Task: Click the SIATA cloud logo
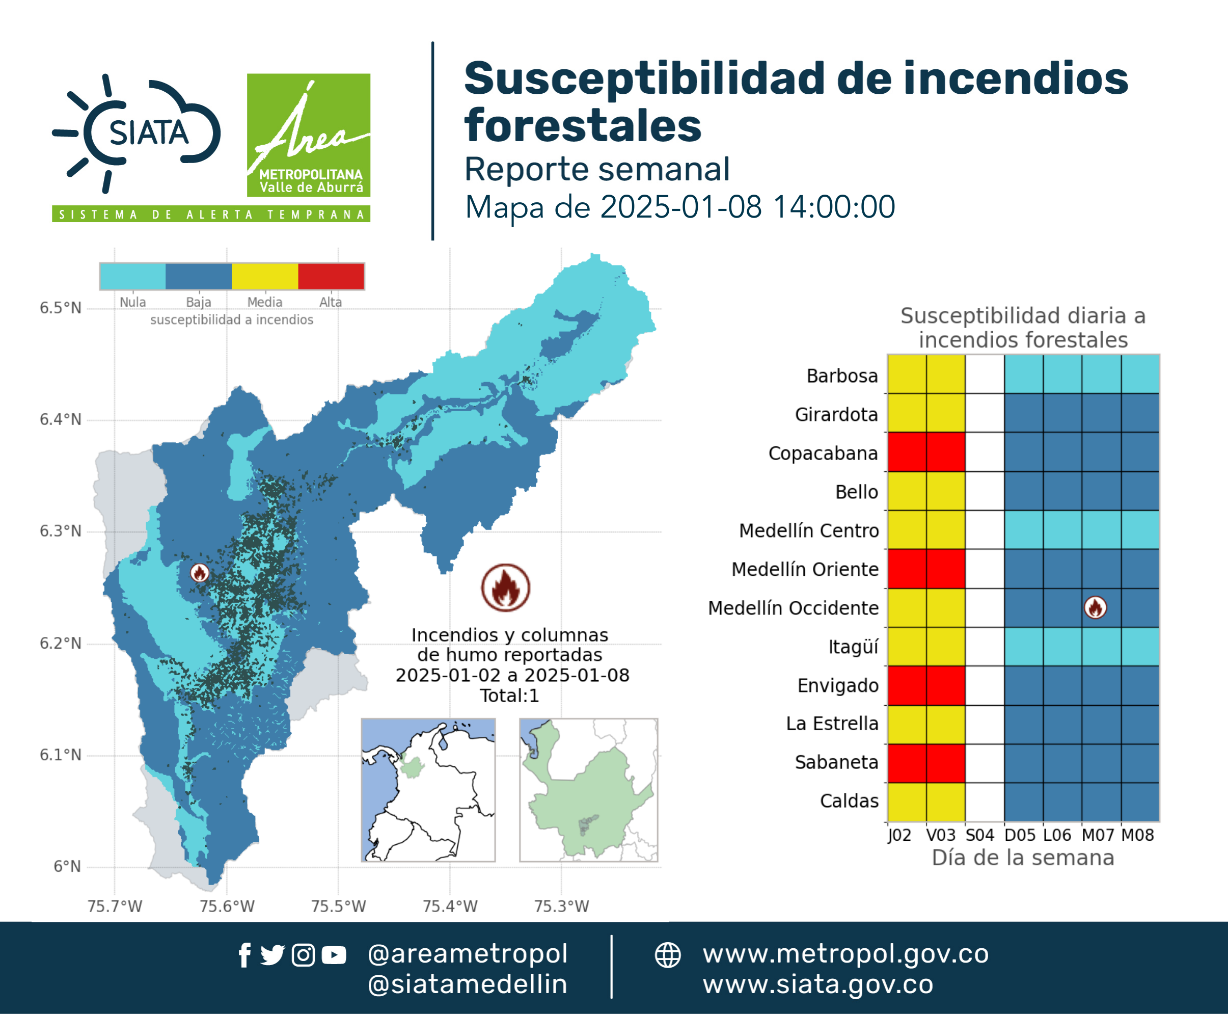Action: click(x=137, y=133)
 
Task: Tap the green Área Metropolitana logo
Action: click(x=308, y=135)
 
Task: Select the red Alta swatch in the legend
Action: click(x=331, y=276)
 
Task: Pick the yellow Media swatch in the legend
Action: click(x=265, y=276)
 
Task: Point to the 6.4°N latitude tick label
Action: click(x=61, y=419)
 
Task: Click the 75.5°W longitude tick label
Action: click(x=339, y=906)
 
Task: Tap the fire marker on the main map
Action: click(x=200, y=573)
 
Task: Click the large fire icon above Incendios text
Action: click(x=506, y=588)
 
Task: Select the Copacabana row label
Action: click(x=824, y=453)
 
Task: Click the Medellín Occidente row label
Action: click(x=794, y=608)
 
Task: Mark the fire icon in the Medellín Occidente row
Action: click(x=1096, y=607)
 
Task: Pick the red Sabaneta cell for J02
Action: click(x=907, y=763)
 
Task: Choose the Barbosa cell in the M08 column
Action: click(x=1140, y=374)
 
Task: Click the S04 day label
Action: click(x=980, y=835)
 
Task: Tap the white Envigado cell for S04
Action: click(x=985, y=685)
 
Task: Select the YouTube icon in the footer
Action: click(x=334, y=955)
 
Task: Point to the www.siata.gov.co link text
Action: click(x=818, y=984)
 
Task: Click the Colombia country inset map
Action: click(x=428, y=790)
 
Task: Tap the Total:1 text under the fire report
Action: click(x=509, y=696)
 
